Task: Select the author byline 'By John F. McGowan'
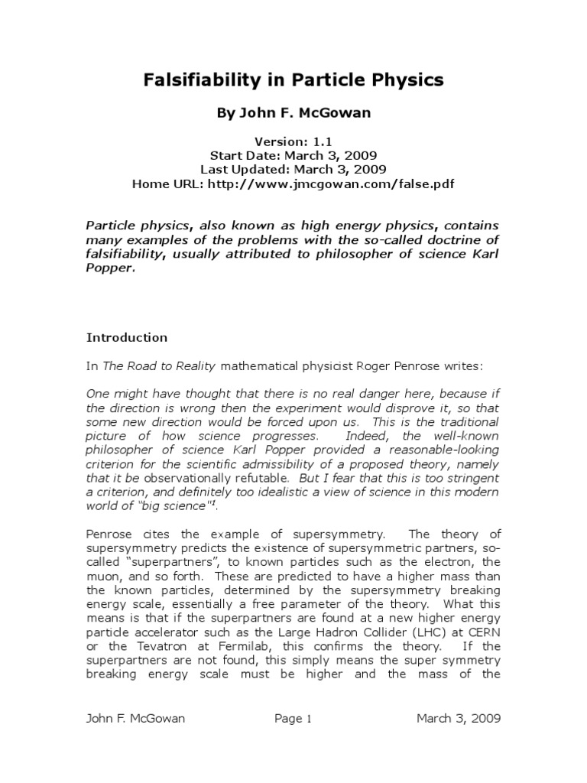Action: click(x=293, y=114)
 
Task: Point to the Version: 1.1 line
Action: click(x=293, y=142)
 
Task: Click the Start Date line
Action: click(x=293, y=156)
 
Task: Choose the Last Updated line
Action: click(x=293, y=170)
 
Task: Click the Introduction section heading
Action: click(x=127, y=337)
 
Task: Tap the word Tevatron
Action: click(x=139, y=647)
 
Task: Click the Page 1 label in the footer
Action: click(x=293, y=718)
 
